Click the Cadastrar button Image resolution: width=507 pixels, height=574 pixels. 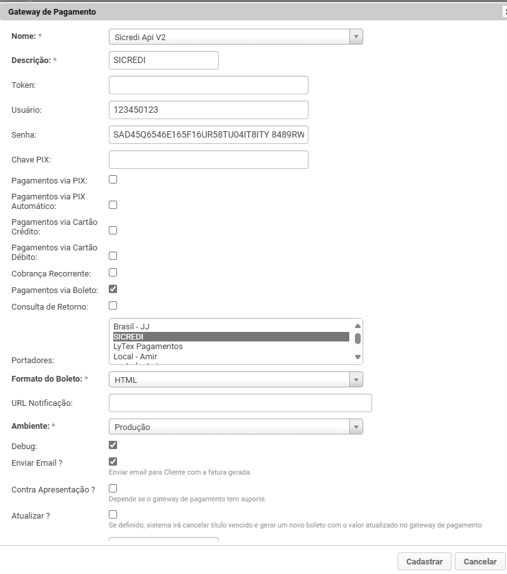(424, 561)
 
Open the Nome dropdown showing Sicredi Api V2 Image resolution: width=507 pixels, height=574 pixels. (235, 37)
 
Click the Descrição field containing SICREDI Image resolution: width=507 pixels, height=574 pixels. (163, 60)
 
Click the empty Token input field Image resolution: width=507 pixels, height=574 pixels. (208, 85)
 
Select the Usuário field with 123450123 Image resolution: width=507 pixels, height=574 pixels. (208, 110)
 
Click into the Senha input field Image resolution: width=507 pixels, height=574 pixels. (208, 134)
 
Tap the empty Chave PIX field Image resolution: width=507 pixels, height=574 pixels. (208, 159)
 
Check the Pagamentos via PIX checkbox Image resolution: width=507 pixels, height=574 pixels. (113, 180)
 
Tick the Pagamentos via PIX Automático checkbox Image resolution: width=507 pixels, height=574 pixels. (113, 205)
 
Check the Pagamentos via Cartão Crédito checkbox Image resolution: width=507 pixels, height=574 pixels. (113, 231)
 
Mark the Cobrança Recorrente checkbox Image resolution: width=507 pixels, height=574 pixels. (113, 273)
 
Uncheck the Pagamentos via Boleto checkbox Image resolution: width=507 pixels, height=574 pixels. (113, 289)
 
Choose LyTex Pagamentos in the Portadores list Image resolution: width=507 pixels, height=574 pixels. (148, 347)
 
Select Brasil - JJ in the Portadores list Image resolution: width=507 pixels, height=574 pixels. (132, 326)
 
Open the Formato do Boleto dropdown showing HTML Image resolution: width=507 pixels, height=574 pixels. (235, 380)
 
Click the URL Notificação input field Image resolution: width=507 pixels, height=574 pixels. (240, 403)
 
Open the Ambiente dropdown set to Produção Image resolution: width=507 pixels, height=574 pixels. (235, 427)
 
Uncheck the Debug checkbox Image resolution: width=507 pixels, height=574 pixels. (113, 445)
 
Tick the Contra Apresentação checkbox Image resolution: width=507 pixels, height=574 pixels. (113, 489)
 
